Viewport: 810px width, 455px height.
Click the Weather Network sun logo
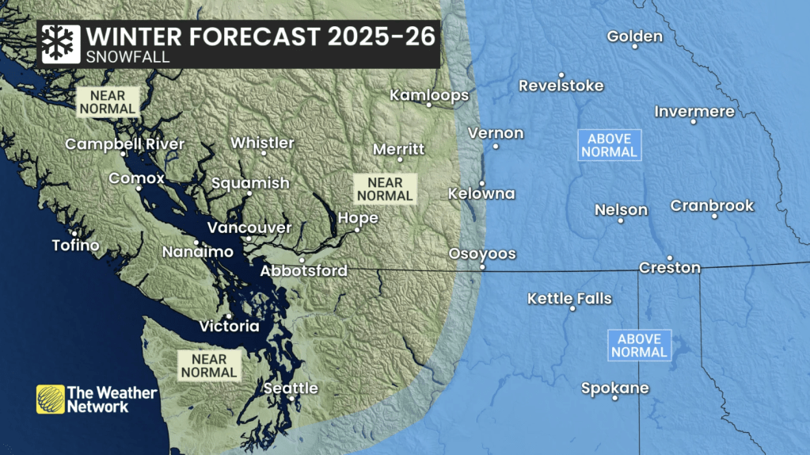51,399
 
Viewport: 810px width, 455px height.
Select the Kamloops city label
429,95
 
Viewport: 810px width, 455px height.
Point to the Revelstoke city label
561,86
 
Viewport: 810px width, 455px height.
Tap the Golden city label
634,36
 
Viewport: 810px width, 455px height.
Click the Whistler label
262,143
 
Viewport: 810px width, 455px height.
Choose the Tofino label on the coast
75,245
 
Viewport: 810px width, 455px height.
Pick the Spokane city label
614,388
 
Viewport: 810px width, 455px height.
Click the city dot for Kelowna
481,183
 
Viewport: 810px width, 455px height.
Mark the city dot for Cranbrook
714,216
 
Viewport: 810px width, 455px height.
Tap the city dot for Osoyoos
481,267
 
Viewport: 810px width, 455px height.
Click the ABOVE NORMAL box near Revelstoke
608,145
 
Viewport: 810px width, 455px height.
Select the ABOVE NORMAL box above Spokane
640,346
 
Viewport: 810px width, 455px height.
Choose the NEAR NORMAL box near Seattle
208,365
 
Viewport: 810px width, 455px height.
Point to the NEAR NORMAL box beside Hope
385,189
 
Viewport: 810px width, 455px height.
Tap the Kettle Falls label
569,298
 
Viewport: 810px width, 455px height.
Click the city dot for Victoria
229,315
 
